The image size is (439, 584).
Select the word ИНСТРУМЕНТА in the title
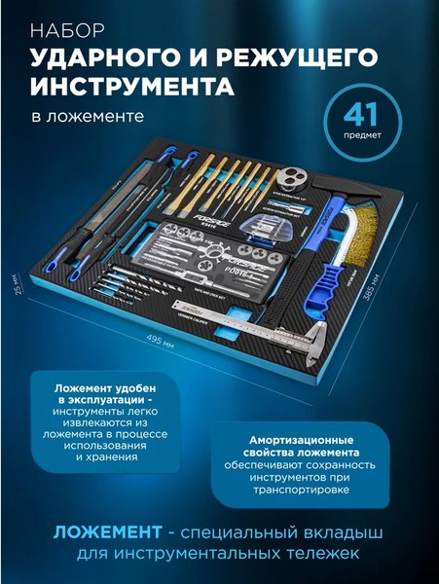pyautogui.click(x=133, y=88)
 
